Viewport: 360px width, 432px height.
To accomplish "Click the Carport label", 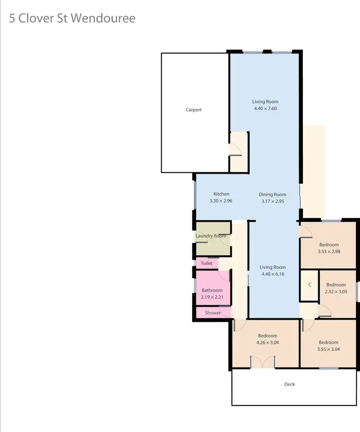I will (193, 110).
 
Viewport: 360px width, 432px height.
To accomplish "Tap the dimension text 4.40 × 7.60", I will (265, 108).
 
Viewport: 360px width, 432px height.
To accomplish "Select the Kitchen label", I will (221, 194).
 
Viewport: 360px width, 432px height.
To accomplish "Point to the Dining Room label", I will (273, 194).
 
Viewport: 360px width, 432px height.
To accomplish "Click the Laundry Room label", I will (211, 236).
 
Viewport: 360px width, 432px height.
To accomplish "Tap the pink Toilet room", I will (207, 263).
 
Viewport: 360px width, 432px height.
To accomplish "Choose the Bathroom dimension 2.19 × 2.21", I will (212, 297).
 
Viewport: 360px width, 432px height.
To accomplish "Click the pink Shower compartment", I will (213, 313).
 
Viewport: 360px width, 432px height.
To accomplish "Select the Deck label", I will (289, 384).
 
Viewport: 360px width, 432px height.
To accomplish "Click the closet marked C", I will (310, 285).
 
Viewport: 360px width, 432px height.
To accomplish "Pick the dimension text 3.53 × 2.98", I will (329, 251).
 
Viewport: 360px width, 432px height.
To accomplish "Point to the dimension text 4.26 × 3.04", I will (267, 343).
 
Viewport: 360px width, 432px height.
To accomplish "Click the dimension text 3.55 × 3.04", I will (329, 349).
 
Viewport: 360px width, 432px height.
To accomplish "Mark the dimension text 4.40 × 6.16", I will (273, 274).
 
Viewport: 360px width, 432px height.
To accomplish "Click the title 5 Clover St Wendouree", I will (72, 19).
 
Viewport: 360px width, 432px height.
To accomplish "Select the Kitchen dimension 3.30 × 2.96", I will (221, 201).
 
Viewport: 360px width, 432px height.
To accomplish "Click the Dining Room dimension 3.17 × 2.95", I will (273, 201).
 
